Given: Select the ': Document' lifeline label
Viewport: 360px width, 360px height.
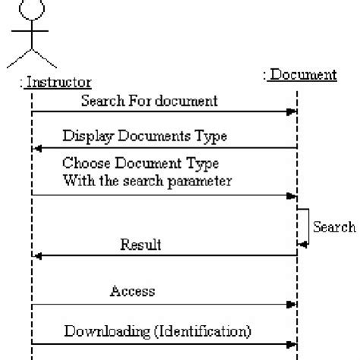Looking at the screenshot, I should click(x=300, y=74).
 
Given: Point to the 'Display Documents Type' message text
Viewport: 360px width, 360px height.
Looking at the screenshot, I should click(x=145, y=136).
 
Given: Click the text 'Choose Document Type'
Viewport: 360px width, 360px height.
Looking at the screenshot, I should click(x=141, y=163).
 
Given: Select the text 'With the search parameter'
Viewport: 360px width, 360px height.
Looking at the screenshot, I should click(x=147, y=181).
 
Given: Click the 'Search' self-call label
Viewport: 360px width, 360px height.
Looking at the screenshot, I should click(x=334, y=226).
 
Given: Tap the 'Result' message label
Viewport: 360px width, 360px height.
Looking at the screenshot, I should click(x=141, y=245).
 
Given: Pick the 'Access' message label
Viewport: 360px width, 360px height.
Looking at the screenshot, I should click(x=133, y=291).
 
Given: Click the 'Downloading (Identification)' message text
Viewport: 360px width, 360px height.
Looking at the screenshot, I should click(x=157, y=331).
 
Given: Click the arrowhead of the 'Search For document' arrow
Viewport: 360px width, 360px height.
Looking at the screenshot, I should click(x=292, y=112).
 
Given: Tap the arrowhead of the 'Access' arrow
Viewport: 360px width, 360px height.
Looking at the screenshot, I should click(x=292, y=305).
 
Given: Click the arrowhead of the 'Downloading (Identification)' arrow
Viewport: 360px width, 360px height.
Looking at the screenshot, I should click(x=292, y=345).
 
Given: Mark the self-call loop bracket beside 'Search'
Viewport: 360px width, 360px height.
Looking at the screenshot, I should click(x=305, y=226).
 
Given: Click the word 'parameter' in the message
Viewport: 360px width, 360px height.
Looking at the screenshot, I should click(x=204, y=181).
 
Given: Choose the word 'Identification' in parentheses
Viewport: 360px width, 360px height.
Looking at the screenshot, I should click(x=210, y=331).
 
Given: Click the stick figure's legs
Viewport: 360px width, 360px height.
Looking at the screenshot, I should click(x=31, y=58).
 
